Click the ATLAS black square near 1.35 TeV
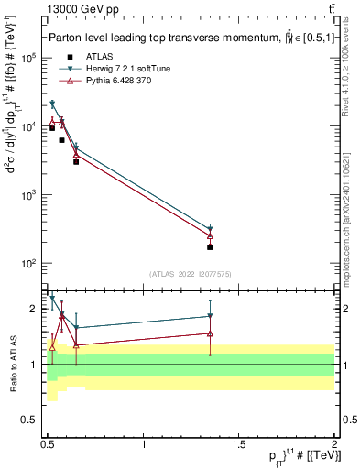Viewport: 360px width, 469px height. (x=210, y=247)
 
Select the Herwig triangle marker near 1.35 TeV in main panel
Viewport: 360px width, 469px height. (x=210, y=230)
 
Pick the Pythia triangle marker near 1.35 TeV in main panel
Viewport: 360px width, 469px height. (x=210, y=235)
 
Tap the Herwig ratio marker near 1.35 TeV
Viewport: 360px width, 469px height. (x=210, y=316)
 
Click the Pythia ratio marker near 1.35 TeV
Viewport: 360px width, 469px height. (x=210, y=333)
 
